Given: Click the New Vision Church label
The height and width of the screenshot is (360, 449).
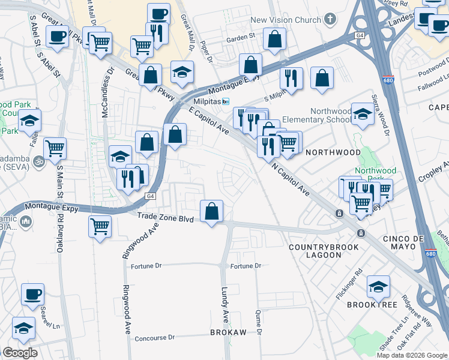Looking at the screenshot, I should coord(286,20).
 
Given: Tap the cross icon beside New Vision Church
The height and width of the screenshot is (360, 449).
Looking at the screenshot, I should coord(329,20).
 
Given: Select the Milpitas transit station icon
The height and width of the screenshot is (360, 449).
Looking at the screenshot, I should coord(226,101).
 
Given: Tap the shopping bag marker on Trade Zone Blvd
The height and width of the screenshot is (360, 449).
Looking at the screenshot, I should coord(211,211).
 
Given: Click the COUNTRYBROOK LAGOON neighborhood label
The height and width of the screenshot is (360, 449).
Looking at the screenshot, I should coord(324,251).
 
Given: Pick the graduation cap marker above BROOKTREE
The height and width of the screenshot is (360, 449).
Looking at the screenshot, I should coord(378,286).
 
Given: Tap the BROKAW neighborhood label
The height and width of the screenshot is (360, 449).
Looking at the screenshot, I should coord(228,332).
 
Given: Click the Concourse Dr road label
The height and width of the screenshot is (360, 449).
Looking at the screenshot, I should coord(154,338).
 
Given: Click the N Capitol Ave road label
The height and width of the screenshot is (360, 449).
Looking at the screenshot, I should coord(291,181).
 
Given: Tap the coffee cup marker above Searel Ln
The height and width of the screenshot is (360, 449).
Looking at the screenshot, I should coord(33,294).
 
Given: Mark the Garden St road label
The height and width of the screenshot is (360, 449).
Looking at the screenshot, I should coord(241,37).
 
